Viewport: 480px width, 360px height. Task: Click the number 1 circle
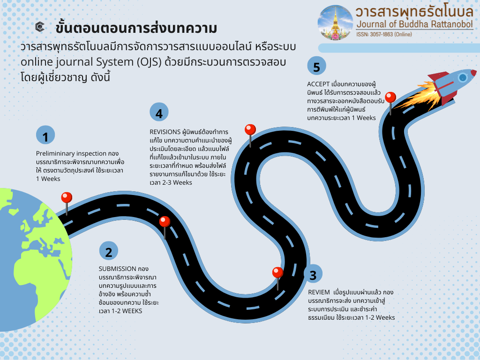(45, 135)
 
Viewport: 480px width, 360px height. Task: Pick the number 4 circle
(159, 112)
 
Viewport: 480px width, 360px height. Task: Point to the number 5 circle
(316, 66)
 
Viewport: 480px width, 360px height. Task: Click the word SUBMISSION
(117, 269)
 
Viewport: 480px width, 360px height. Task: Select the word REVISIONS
(165, 132)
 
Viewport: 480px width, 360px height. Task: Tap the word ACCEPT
(318, 84)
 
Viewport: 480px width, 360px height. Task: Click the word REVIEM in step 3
(319, 292)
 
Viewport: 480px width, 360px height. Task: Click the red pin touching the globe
(67, 203)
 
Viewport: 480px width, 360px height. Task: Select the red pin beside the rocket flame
(390, 103)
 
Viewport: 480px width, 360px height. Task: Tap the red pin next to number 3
(277, 278)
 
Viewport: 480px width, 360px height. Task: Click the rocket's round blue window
(463, 77)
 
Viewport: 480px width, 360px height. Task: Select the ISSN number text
(384, 34)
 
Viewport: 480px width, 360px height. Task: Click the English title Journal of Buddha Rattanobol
(415, 24)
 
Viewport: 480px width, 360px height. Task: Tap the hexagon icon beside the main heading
(40, 27)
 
